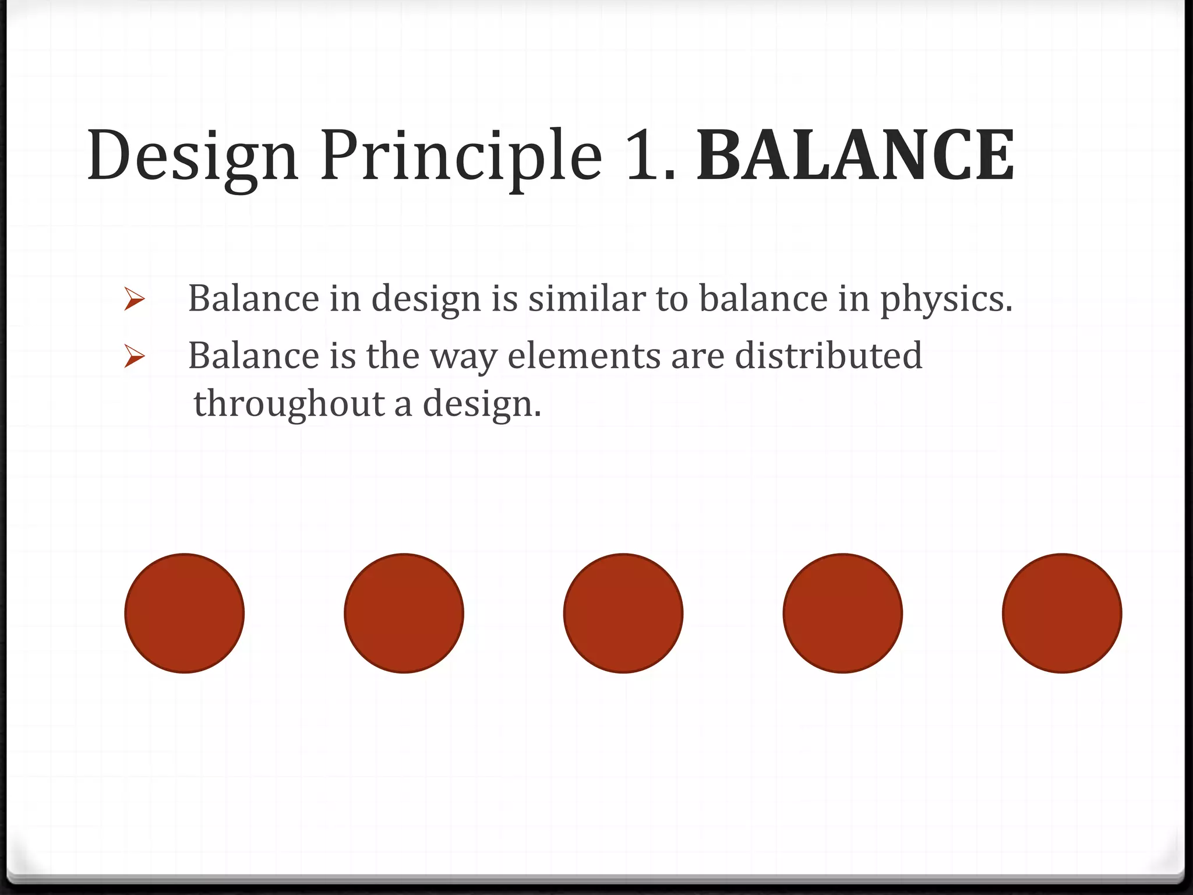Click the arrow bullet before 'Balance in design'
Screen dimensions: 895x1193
click(135, 300)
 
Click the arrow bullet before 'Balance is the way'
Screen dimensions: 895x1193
click(135, 356)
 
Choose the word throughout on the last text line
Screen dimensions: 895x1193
click(288, 404)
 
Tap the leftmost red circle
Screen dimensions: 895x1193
click(185, 613)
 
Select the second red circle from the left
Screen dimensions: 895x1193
click(404, 613)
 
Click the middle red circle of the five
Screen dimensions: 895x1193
click(623, 613)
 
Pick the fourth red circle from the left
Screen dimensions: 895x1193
click(843, 613)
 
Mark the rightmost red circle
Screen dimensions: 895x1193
click(1062, 613)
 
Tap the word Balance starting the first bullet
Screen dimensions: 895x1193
click(253, 298)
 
